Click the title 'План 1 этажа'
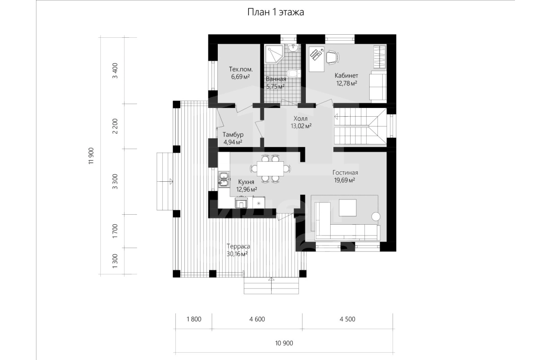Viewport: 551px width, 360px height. pyautogui.click(x=275, y=12)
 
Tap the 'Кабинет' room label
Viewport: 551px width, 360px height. pyautogui.click(x=346, y=75)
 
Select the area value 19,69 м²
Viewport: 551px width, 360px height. pyautogui.click(x=344, y=180)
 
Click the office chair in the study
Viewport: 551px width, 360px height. pyautogui.click(x=333, y=58)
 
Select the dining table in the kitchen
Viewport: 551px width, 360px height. pyautogui.click(x=270, y=169)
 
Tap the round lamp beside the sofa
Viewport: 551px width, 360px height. pyautogui.click(x=376, y=216)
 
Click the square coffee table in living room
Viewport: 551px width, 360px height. pyautogui.click(x=348, y=207)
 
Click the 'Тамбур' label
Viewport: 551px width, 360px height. pyautogui.click(x=233, y=135)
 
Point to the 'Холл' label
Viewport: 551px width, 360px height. pyautogui.click(x=300, y=119)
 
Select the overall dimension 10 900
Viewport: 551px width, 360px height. pyautogui.click(x=284, y=343)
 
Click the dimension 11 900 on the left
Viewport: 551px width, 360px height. pyautogui.click(x=91, y=156)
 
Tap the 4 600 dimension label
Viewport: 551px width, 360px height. pyautogui.click(x=257, y=319)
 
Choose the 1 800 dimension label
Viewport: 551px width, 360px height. pyautogui.click(x=194, y=319)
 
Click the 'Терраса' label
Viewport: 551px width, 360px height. pyautogui.click(x=238, y=246)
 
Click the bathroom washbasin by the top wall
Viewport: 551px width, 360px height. pyautogui.click(x=293, y=49)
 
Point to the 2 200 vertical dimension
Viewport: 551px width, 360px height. pyautogui.click(x=115, y=126)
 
